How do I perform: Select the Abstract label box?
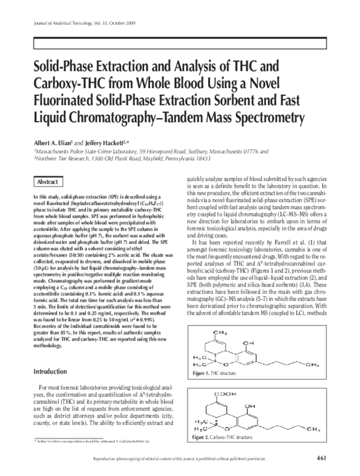click(47, 182)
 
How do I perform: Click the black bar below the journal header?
click(180, 44)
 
